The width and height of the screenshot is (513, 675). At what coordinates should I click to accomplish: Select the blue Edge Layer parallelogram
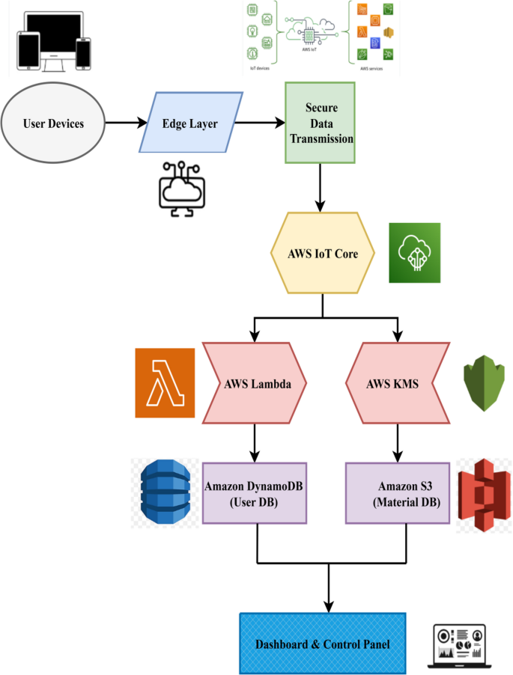pyautogui.click(x=190, y=123)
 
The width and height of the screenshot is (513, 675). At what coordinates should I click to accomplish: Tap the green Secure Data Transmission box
pyautogui.click(x=319, y=123)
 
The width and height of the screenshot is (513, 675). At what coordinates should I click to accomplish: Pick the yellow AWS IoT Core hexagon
pyautogui.click(x=323, y=254)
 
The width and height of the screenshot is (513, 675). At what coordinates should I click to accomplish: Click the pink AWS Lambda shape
pyautogui.click(x=257, y=383)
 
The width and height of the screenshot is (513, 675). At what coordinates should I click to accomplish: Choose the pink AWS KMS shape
pyautogui.click(x=397, y=383)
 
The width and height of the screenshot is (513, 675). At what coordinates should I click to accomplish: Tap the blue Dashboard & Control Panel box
pyautogui.click(x=322, y=643)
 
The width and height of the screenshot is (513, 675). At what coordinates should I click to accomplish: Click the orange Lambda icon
pyautogui.click(x=165, y=382)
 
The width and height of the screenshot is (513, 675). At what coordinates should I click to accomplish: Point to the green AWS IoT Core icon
pyautogui.click(x=414, y=253)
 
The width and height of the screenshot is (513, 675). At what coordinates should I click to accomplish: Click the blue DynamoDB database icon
pyautogui.click(x=166, y=492)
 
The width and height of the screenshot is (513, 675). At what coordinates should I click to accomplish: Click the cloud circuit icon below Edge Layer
pyautogui.click(x=180, y=188)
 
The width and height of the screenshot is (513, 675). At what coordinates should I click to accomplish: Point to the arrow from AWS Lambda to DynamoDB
pyautogui.click(x=256, y=441)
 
